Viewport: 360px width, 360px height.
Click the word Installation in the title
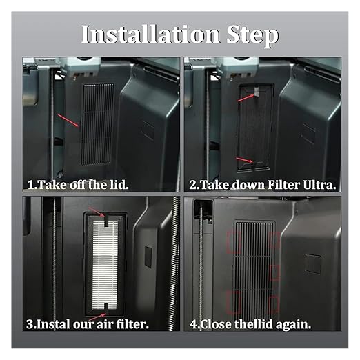tap(151, 34)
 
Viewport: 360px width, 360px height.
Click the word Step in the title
tap(252, 36)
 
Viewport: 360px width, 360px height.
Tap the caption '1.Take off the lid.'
tap(78, 185)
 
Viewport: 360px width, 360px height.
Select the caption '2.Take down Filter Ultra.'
tap(263, 185)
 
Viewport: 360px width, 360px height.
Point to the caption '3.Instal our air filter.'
tap(88, 324)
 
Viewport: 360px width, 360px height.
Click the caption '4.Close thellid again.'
tap(250, 325)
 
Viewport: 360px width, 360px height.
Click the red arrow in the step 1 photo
tap(68, 121)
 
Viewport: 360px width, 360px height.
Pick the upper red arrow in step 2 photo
tap(246, 98)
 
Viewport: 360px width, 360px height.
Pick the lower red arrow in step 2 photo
tap(245, 160)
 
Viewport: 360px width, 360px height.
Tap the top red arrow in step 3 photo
tap(97, 212)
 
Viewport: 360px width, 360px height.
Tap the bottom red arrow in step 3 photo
tap(97, 317)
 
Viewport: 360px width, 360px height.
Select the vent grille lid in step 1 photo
tap(97, 124)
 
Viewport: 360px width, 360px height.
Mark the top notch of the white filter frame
tap(107, 220)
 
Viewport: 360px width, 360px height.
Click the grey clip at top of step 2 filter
tap(257, 92)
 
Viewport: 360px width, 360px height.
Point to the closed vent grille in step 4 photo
tap(254, 268)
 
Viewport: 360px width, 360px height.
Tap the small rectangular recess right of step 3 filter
tap(148, 257)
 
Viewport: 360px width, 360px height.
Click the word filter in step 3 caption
tap(132, 323)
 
